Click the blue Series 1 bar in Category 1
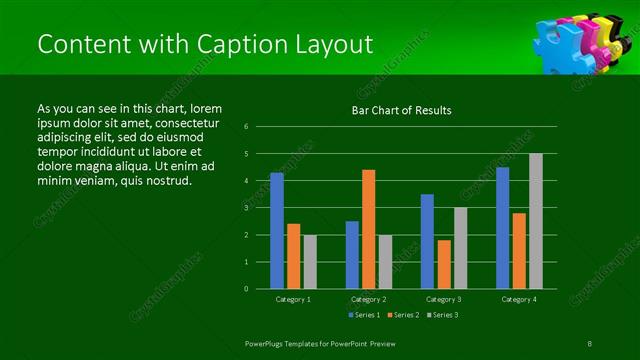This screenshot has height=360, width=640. (x=277, y=231)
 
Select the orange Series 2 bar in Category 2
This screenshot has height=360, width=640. (x=369, y=229)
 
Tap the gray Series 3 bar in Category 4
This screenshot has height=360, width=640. (x=536, y=221)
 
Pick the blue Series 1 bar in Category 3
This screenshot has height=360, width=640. (x=427, y=241)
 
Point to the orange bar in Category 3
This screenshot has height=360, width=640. (x=444, y=264)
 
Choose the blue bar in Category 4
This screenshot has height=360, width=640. (x=503, y=228)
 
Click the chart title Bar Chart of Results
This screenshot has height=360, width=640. (x=401, y=110)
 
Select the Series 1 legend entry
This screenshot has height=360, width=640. (x=365, y=315)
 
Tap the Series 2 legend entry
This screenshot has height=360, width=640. (x=402, y=315)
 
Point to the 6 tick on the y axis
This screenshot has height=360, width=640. (x=246, y=127)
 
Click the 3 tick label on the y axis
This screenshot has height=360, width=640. (x=246, y=208)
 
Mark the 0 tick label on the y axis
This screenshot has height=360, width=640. (x=246, y=289)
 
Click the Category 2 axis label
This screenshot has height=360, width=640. (x=369, y=299)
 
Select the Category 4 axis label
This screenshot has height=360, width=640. (x=519, y=299)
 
